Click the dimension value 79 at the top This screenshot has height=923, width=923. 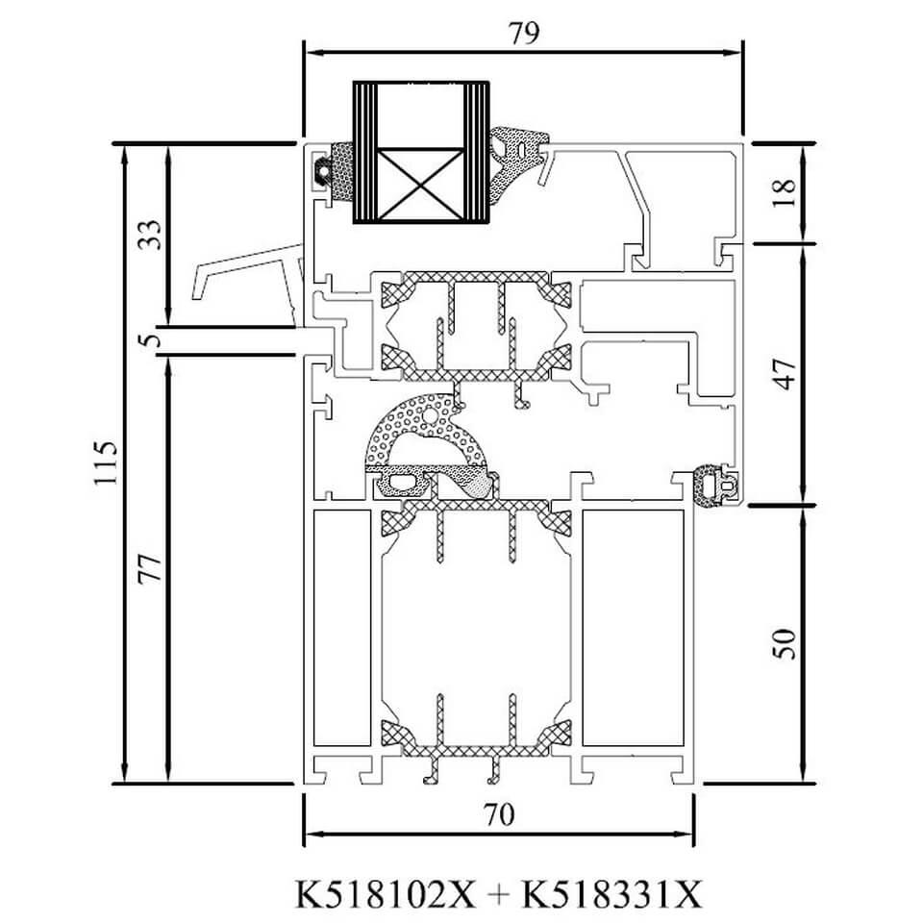pyautogui.click(x=523, y=33)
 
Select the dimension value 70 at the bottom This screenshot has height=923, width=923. pyautogui.click(x=499, y=814)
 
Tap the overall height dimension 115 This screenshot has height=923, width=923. pyautogui.click(x=107, y=462)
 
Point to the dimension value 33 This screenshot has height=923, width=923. pyautogui.click(x=149, y=235)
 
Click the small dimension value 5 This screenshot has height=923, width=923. pyautogui.click(x=151, y=340)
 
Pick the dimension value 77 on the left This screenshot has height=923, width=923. pyautogui.click(x=149, y=568)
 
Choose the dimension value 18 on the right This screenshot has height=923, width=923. pyautogui.click(x=784, y=193)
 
